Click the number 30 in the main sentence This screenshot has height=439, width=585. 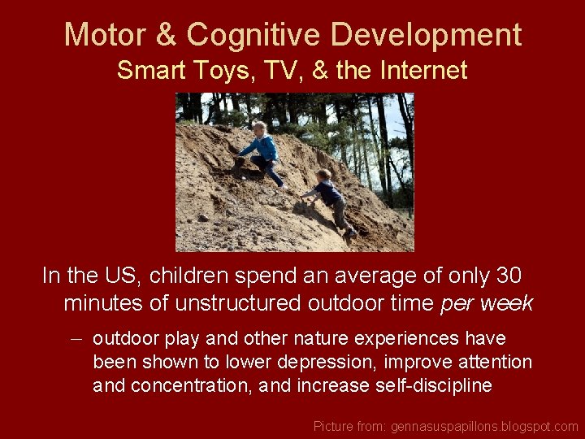[x=508, y=276]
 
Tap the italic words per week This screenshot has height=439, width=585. [x=486, y=304]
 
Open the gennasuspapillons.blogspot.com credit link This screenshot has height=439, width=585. [x=484, y=426]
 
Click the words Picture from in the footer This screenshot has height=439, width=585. [x=349, y=426]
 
